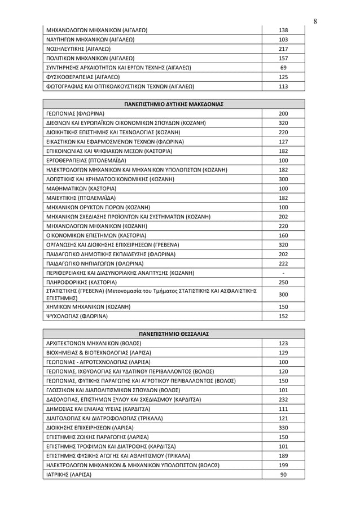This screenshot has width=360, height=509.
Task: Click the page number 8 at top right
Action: pos(315,21)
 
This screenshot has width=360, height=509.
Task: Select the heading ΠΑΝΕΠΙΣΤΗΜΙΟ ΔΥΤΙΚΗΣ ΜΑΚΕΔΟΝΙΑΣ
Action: pos(174,104)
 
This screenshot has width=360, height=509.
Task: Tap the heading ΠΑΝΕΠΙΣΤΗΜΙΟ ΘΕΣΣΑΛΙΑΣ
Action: pos(174,334)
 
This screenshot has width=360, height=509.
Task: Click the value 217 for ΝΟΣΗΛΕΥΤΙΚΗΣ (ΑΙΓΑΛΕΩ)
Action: pos(283,49)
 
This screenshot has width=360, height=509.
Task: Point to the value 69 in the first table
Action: pos(283,68)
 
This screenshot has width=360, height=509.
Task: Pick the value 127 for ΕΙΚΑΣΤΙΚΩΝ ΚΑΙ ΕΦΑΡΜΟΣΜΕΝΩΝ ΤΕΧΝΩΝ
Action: pos(283,142)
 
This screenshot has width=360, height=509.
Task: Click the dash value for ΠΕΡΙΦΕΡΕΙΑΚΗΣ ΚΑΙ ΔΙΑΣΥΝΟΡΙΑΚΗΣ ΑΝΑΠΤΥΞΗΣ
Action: pos(283,273)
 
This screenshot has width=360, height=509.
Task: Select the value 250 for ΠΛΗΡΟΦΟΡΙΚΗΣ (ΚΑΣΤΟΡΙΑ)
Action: pos(283,282)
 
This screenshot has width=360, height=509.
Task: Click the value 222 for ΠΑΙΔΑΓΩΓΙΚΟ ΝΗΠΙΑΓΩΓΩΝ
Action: pos(283,263)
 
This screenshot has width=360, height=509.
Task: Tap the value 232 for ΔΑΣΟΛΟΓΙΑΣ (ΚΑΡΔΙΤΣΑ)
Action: pos(283,400)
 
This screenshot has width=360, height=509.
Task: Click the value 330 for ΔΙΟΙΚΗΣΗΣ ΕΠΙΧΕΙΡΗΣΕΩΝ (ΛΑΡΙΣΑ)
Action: pos(283,428)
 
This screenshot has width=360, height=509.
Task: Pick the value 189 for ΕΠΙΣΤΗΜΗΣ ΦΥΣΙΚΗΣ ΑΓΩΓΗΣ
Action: pos(283,455)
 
